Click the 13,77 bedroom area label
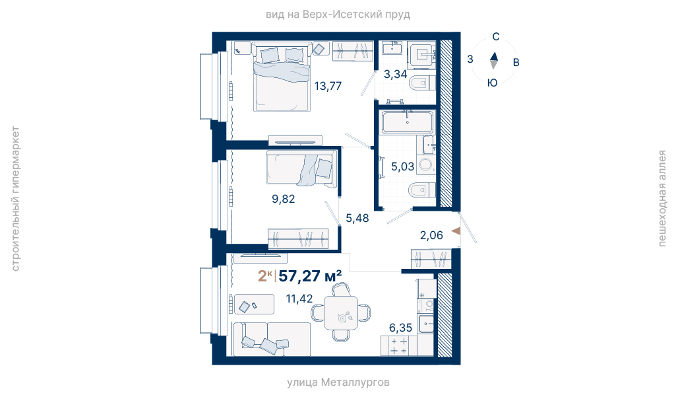pos(328,86)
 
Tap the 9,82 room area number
pos(283,199)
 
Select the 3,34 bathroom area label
pos(395,74)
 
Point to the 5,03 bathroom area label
pos(402,166)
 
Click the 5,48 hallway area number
pos(357,218)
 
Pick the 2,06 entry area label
pos(431,235)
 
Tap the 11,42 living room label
pos(299,299)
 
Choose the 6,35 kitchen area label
pos(400,328)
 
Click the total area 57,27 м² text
pos(310,275)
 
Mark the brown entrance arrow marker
pos(456,231)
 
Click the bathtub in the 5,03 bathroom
pos(408,122)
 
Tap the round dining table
pos(341,313)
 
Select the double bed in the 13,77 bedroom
pos(282,77)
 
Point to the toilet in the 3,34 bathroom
pos(421,83)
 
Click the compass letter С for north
pos(496,37)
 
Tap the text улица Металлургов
pos(338,382)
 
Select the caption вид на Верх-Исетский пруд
pos(338,15)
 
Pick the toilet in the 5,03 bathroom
pos(421,190)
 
